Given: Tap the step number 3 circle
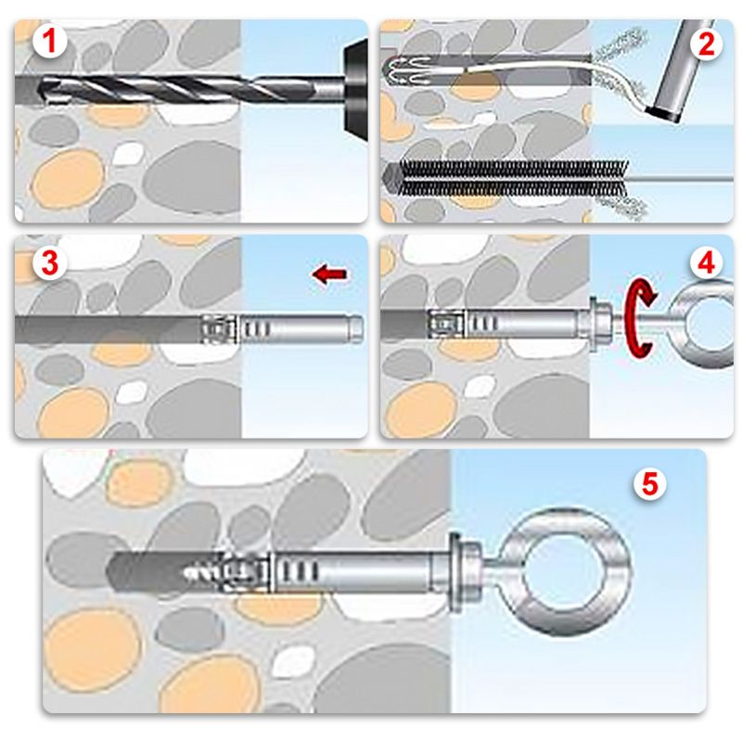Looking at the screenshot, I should coord(46,262).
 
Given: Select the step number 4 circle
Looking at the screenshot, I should coord(707,262).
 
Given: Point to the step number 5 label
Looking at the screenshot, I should coord(651,483).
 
